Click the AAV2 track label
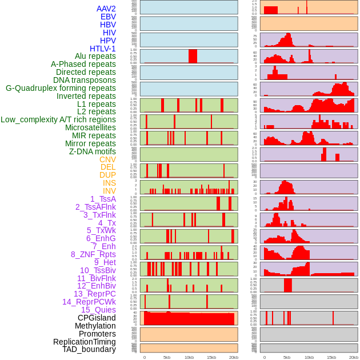(x=106, y=9)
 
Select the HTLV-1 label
(x=103, y=49)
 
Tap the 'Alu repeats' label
(x=95, y=56)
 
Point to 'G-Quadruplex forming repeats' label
(x=61, y=88)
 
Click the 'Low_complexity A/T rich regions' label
(x=58, y=119)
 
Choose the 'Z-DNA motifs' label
(x=93, y=151)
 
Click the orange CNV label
(x=107, y=159)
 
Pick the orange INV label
(x=109, y=191)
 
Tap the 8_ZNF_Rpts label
(x=93, y=254)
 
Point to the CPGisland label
(x=97, y=318)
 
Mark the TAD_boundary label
(x=89, y=349)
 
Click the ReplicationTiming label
(x=84, y=342)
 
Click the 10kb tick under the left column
(x=189, y=357)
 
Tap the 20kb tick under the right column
(x=354, y=357)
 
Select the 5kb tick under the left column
(x=167, y=357)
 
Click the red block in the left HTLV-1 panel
(x=193, y=56)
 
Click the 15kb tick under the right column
(x=331, y=357)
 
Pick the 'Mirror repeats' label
(x=90, y=143)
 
